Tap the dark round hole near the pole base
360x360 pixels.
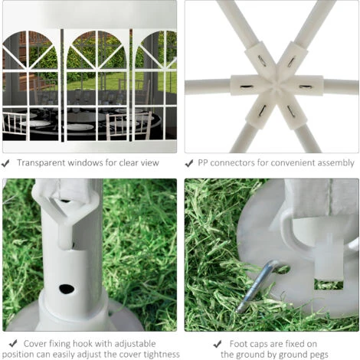(x=67, y=289)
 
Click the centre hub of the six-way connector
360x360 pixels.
(x=277, y=85)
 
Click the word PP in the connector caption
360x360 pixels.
(x=203, y=163)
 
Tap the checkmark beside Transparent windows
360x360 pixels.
(x=5, y=163)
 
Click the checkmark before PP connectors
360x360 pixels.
(x=189, y=163)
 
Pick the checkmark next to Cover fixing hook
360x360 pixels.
(x=13, y=343)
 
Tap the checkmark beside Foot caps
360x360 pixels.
(x=218, y=344)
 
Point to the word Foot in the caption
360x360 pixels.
(x=238, y=344)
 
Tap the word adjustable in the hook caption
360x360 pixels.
(x=135, y=344)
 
